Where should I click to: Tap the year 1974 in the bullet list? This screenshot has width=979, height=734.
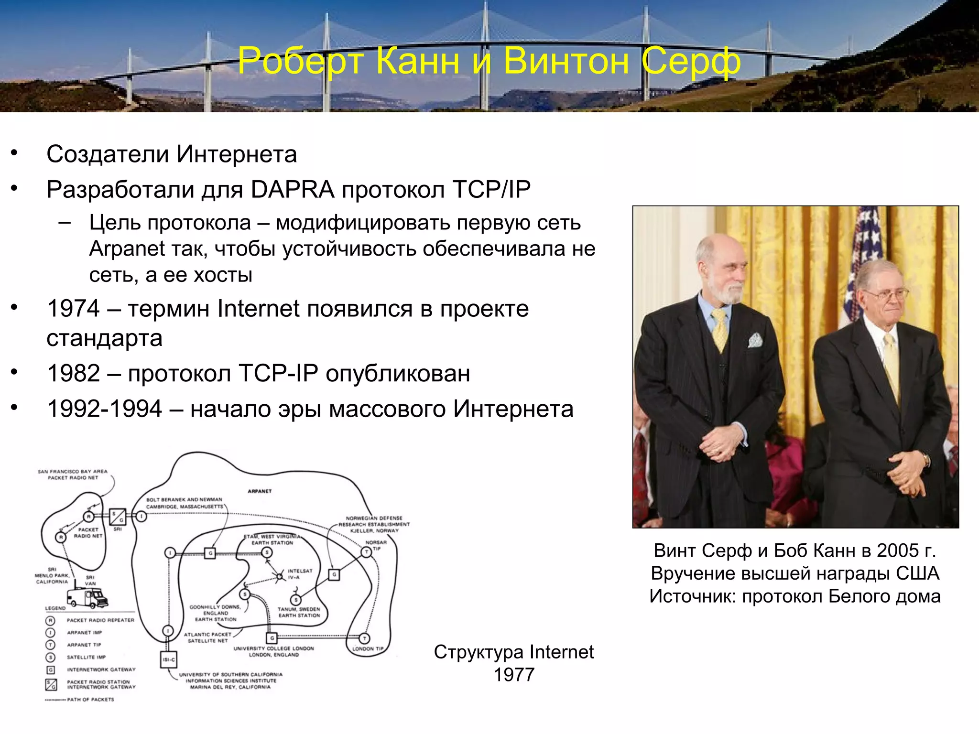click(x=73, y=309)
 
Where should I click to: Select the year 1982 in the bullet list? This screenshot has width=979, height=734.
click(x=73, y=373)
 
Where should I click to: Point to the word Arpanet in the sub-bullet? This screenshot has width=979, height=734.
click(x=124, y=249)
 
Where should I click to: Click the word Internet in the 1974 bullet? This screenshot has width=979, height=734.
click(x=258, y=309)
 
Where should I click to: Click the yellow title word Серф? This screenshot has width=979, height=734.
click(x=691, y=61)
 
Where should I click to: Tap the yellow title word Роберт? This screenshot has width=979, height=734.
click(x=301, y=61)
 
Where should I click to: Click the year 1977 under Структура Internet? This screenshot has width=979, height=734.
click(x=514, y=675)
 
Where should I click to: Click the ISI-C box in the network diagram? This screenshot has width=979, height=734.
click(x=169, y=660)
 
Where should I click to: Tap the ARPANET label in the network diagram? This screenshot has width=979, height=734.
click(x=260, y=491)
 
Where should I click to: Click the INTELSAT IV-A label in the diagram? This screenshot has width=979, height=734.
click(x=300, y=574)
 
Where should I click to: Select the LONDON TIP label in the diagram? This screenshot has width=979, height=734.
click(x=368, y=649)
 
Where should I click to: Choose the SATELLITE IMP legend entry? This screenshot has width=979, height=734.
click(x=86, y=657)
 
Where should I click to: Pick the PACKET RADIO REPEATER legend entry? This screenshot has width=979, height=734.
click(x=100, y=620)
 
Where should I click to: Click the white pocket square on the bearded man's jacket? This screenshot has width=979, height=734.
click(x=755, y=340)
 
